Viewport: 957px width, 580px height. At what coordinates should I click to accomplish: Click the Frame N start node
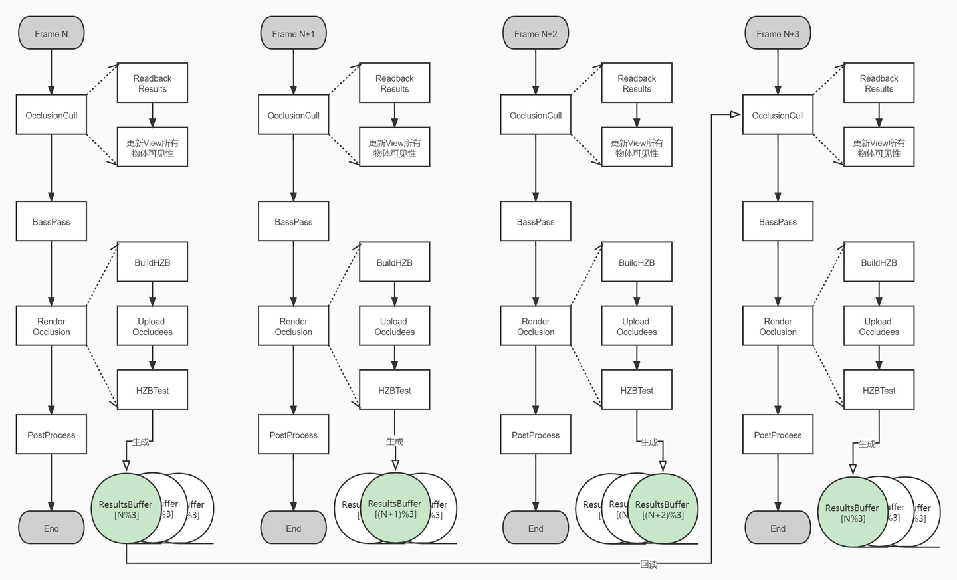[51, 33]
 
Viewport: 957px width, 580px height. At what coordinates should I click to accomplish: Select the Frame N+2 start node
[536, 33]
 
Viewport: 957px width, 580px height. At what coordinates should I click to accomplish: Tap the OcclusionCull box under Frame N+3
[778, 115]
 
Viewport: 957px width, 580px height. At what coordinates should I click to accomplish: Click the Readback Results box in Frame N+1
[394, 83]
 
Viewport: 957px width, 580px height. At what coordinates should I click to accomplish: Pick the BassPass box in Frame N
[51, 221]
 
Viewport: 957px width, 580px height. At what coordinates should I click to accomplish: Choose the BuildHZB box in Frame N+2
[637, 262]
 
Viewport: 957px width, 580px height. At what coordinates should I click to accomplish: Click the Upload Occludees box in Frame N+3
[879, 326]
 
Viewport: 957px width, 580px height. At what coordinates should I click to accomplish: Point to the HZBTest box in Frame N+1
[394, 390]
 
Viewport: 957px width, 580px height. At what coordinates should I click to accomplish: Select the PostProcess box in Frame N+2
[536, 435]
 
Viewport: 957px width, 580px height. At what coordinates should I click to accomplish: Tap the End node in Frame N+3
[778, 528]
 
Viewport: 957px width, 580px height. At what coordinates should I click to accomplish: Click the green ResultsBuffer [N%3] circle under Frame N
[125, 509]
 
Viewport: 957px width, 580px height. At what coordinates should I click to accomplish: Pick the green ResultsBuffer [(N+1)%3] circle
[395, 509]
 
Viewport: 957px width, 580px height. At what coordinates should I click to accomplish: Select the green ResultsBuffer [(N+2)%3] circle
[662, 509]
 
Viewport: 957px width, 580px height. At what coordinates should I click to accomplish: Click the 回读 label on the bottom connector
[649, 564]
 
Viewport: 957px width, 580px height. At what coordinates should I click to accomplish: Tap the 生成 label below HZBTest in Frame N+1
[395, 441]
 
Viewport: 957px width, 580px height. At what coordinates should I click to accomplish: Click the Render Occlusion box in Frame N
[51, 326]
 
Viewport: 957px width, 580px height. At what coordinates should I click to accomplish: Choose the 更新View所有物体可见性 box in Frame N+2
[637, 147]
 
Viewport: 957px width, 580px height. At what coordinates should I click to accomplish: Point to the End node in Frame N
[51, 528]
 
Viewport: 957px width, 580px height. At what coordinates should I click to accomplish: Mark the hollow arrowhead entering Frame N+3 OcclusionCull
[735, 115]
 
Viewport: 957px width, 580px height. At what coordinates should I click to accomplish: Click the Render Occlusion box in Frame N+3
[778, 326]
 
